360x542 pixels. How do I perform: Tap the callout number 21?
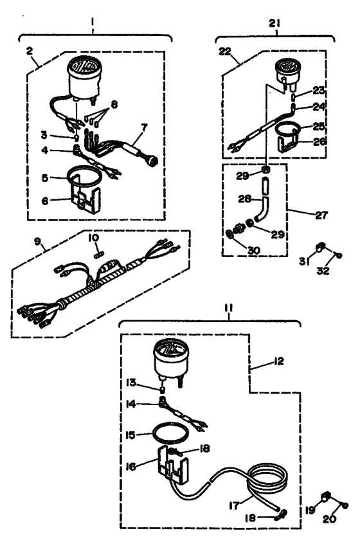point(275,23)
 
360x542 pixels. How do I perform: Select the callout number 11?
point(229,308)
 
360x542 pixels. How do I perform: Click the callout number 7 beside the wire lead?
point(143,127)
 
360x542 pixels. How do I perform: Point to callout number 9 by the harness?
point(38,241)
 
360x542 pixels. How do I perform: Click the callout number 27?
point(321,215)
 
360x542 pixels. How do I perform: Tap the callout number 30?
point(254,250)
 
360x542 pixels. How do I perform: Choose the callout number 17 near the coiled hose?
point(234,505)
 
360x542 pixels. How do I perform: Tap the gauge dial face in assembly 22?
point(285,66)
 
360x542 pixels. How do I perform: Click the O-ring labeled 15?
point(172,432)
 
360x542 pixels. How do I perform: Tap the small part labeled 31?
point(321,248)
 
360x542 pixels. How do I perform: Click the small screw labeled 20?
point(345,506)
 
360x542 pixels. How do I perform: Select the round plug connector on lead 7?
point(153,161)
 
